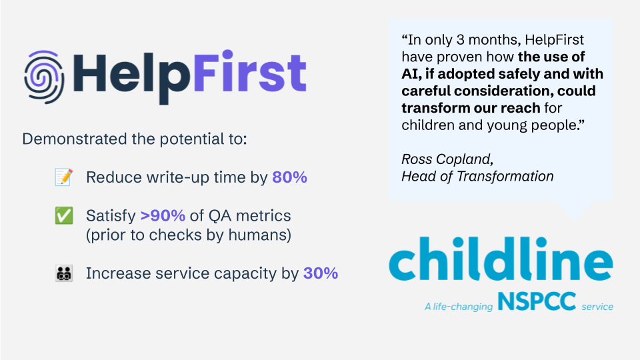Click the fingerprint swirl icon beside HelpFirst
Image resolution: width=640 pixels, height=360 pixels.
[44, 73]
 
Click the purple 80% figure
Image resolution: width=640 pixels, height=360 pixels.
[289, 178]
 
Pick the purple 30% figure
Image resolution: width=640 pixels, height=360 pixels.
[320, 273]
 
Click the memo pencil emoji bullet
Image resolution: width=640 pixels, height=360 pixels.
[63, 178]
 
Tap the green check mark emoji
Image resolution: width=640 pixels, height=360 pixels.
[63, 216]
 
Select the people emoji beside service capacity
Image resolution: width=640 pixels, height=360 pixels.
[63, 273]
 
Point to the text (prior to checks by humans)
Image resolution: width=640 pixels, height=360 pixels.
[189, 235]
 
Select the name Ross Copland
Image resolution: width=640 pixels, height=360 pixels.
[446, 159]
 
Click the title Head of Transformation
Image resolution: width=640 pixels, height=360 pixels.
[477, 177]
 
